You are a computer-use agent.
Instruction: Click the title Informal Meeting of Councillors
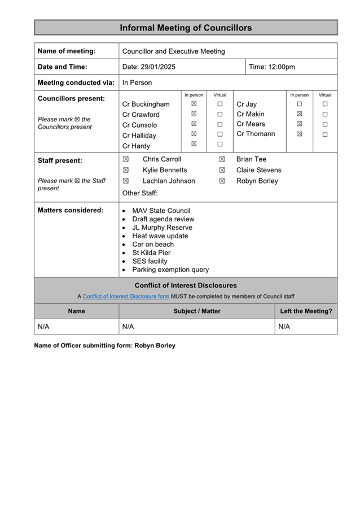pyautogui.click(x=186, y=28)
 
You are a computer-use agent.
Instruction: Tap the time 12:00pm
pyautogui.click(x=280, y=67)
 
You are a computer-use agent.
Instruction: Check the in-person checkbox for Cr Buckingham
pyautogui.click(x=194, y=104)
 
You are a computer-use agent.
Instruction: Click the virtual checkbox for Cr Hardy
pyautogui.click(x=220, y=144)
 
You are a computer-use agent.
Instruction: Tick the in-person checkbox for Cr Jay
pyautogui.click(x=300, y=104)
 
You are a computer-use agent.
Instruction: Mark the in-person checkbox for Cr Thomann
pyautogui.click(x=300, y=134)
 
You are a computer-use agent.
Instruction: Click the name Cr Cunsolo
pyautogui.click(x=139, y=125)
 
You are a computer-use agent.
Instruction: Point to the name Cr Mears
pyautogui.click(x=251, y=124)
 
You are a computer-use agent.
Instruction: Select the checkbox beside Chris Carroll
pyautogui.click(x=126, y=159)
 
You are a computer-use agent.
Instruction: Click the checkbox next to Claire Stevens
pyautogui.click(x=222, y=170)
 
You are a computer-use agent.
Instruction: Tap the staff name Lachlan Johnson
pyautogui.click(x=169, y=181)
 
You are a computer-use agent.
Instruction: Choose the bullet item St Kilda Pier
pyautogui.click(x=151, y=252)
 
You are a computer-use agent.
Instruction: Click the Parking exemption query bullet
pyautogui.click(x=170, y=269)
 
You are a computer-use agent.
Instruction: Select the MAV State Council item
pyautogui.click(x=161, y=211)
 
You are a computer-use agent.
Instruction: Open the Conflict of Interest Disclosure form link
pyautogui.click(x=126, y=296)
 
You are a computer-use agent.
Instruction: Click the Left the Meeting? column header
pyautogui.click(x=306, y=311)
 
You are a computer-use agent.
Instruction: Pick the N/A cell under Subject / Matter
pyautogui.click(x=128, y=326)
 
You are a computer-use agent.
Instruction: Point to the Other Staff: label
pyautogui.click(x=140, y=193)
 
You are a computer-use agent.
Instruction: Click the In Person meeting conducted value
pyautogui.click(x=137, y=82)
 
